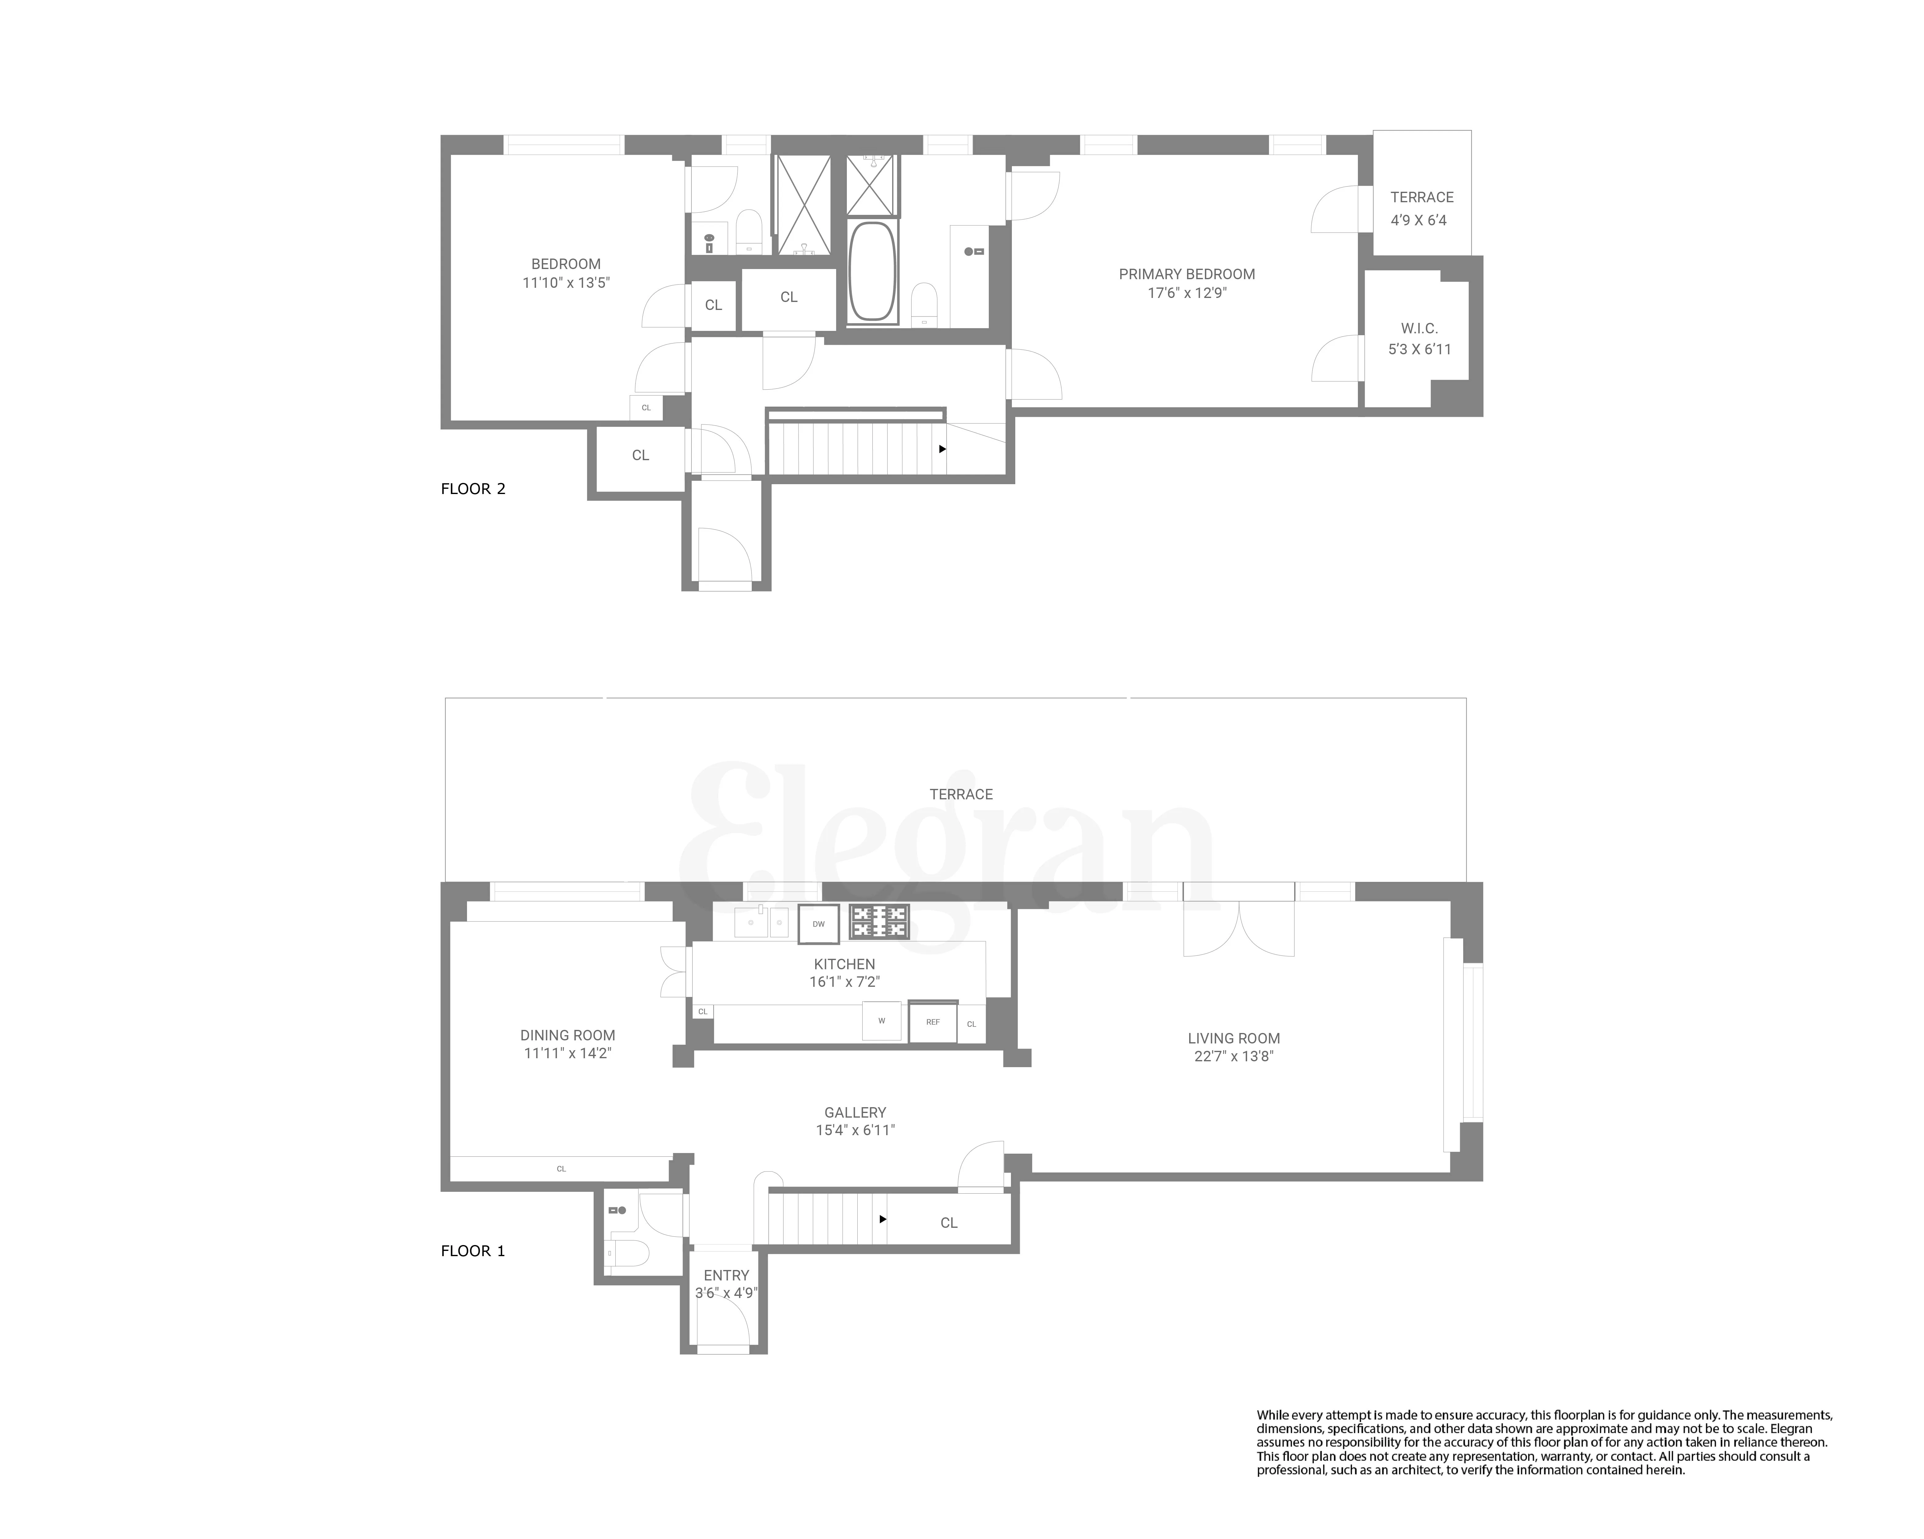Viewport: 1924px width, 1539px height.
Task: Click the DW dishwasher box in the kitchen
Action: (818, 924)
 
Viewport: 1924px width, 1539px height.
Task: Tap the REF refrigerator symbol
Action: (932, 1023)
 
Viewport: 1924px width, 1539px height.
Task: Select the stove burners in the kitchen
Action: (879, 922)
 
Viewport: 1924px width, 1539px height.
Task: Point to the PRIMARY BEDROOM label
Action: (1187, 274)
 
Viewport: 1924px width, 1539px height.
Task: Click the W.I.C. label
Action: (1419, 328)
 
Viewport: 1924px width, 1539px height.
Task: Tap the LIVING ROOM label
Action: (1233, 1039)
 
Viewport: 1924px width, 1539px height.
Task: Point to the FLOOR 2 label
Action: (473, 489)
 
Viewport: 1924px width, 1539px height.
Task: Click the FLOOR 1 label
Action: (473, 1251)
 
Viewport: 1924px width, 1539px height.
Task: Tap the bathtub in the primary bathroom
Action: (873, 271)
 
